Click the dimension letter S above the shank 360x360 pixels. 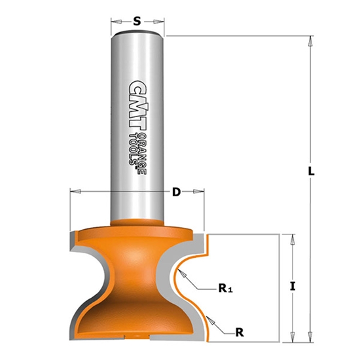(136, 21)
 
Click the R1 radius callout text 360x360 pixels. (225, 287)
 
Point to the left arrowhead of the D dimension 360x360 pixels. (73, 192)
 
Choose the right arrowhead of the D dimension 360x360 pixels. (201, 192)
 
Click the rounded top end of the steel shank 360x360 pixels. (137, 31)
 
